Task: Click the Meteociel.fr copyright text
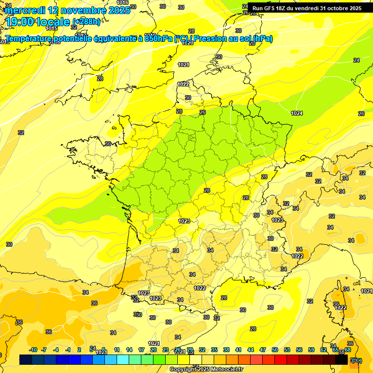(x=206, y=370)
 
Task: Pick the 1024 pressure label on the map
(x=297, y=113)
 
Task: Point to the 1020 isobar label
(x=187, y=43)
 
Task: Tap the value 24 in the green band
(x=356, y=60)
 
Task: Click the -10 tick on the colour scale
(x=33, y=350)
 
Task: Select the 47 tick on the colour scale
(x=263, y=350)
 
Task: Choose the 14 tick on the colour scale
(x=129, y=350)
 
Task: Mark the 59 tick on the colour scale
(x=311, y=350)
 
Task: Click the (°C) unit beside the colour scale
(x=356, y=360)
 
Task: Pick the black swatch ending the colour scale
(x=341, y=360)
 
